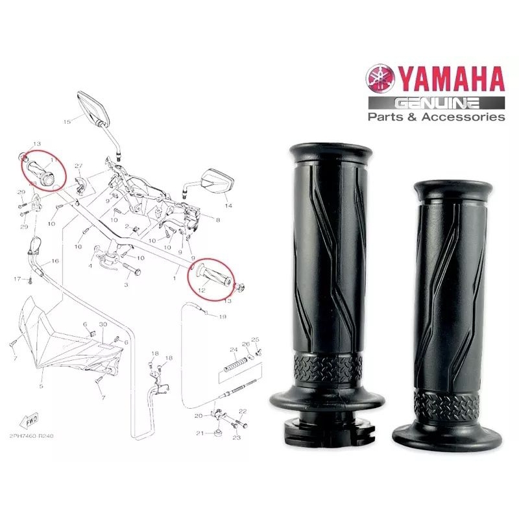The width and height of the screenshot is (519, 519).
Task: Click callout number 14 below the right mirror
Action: coord(228,206)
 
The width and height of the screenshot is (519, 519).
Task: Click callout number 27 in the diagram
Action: coord(79,167)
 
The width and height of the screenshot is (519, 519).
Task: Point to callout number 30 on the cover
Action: coord(103,324)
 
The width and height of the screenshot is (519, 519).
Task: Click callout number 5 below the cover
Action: coord(41,385)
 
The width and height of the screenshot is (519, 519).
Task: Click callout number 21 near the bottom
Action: coord(200,433)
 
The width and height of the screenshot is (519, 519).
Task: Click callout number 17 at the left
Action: coord(18,279)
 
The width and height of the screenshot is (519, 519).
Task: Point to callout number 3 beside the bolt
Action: coord(127,284)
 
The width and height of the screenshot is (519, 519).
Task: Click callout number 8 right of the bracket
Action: coord(218,221)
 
